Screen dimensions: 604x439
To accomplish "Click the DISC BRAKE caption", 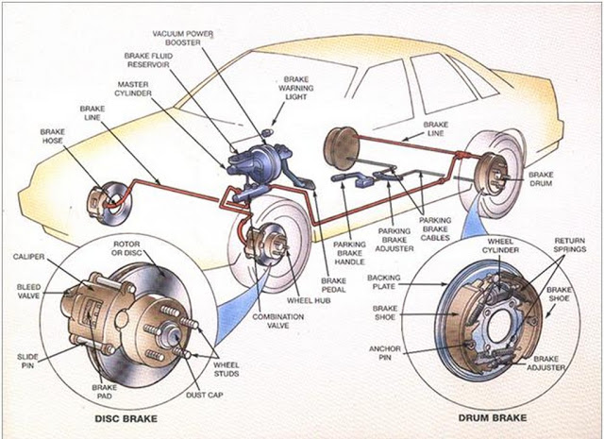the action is tap(126, 418).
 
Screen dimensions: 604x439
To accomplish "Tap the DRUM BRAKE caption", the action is tap(493, 418).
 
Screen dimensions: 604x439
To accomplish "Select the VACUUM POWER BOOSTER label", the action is tap(183, 38).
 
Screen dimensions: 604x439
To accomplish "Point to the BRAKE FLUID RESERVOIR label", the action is tap(148, 60).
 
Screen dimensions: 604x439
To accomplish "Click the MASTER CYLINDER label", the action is tap(133, 89).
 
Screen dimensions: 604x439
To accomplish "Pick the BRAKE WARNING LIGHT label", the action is tap(296, 88).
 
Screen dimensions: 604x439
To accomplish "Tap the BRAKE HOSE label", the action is tap(53, 137).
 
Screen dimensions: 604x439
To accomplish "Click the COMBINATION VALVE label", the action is tap(278, 321).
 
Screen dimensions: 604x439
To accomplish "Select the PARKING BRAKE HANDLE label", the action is tap(349, 253).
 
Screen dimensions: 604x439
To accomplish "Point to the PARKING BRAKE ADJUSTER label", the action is tap(394, 240).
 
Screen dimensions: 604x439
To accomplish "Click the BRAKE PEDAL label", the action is tap(333, 285).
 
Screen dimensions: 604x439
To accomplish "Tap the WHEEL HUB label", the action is tap(309, 300).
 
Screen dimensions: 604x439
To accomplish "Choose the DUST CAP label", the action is tap(205, 395).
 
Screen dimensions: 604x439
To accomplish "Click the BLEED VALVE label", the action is tap(28, 292).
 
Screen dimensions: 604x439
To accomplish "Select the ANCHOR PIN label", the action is tap(385, 353).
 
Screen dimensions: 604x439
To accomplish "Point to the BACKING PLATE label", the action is tap(384, 281).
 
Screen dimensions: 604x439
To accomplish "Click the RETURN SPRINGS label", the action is tap(570, 245).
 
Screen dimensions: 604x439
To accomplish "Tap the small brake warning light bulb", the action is tap(267, 132).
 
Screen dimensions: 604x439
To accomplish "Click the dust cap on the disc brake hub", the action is tap(172, 334).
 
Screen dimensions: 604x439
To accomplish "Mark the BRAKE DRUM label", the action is tap(541, 179).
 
